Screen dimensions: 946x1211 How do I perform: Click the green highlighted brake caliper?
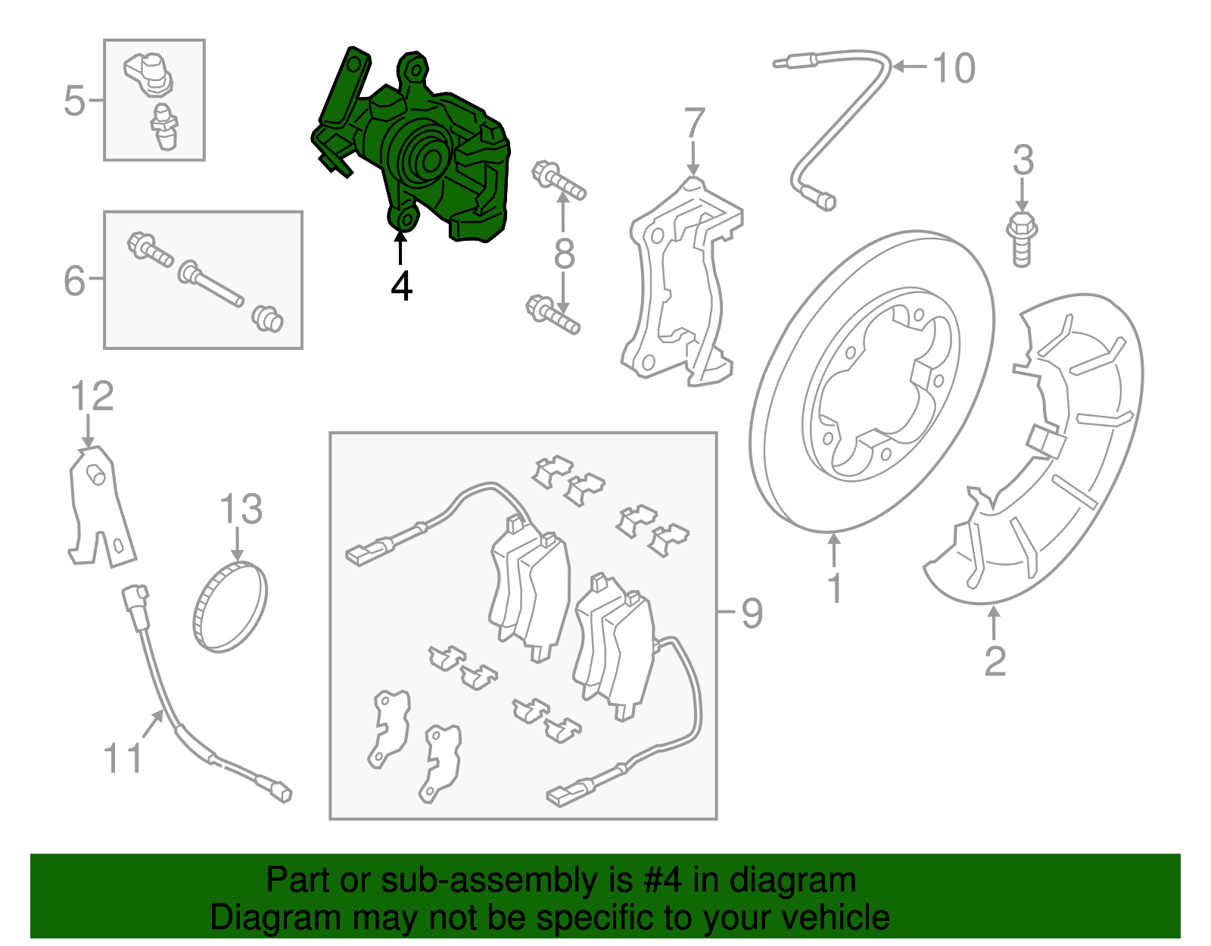[424, 151]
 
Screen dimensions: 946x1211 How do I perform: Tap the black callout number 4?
[402, 287]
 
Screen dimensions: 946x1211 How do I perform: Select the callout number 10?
[954, 69]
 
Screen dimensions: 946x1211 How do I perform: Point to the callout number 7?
[694, 123]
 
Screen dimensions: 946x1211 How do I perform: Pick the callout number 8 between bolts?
[565, 254]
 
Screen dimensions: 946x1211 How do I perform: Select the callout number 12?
[92, 397]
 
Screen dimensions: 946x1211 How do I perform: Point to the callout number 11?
[123, 758]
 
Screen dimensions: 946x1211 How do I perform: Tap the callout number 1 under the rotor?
[835, 589]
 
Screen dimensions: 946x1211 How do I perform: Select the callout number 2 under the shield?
[995, 661]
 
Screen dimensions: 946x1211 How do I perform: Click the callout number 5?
[74, 101]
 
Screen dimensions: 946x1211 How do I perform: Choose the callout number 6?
[74, 281]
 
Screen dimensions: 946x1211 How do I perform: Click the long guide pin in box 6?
[211, 284]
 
